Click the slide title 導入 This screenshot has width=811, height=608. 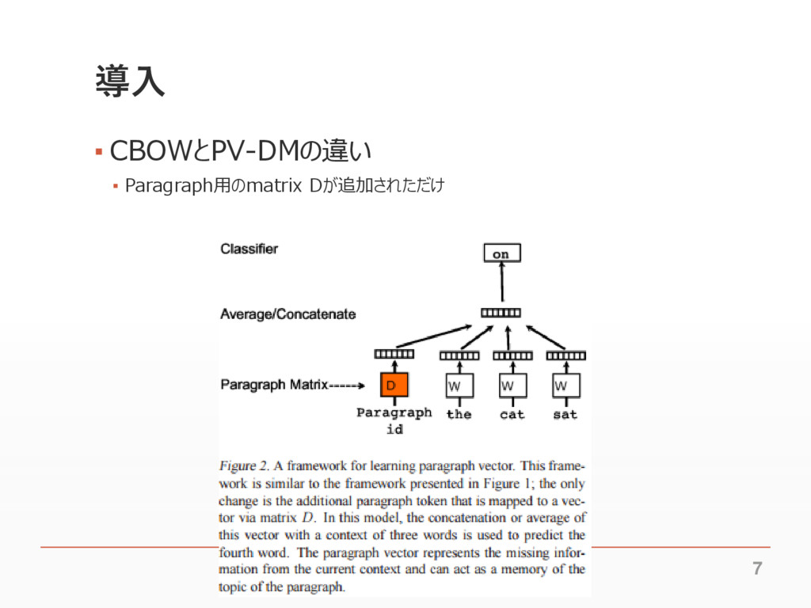click(x=130, y=82)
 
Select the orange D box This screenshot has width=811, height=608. click(x=394, y=386)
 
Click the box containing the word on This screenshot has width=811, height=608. click(x=501, y=253)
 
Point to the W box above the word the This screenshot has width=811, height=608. click(x=459, y=386)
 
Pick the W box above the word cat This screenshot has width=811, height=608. click(x=512, y=386)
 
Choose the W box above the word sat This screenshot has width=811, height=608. click(x=565, y=386)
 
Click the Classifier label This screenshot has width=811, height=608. click(x=249, y=249)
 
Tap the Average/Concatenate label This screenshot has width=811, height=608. click(x=287, y=314)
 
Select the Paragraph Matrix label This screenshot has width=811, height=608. click(x=273, y=386)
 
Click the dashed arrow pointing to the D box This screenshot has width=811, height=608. click(x=347, y=386)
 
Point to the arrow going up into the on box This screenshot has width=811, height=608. click(x=501, y=284)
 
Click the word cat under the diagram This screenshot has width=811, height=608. click(x=512, y=414)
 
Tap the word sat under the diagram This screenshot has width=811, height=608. click(x=565, y=414)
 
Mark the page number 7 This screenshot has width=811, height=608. click(x=757, y=568)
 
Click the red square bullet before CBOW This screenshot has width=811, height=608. click(x=98, y=150)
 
